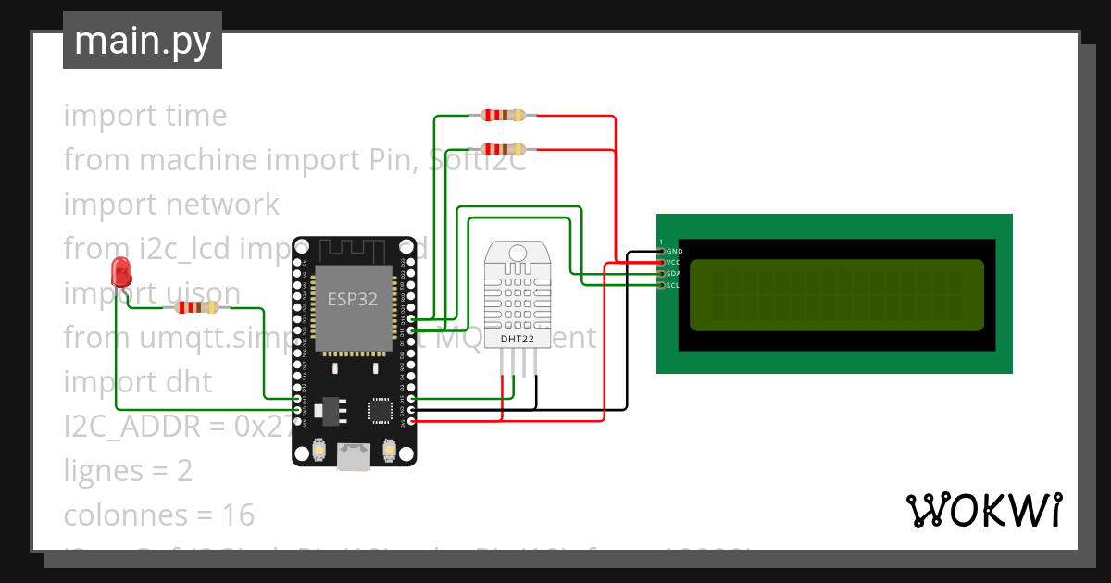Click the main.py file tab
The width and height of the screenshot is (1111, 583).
142,41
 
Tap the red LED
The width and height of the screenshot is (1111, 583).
120,272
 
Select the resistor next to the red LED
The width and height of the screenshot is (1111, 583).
196,307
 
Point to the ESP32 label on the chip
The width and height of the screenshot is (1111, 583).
352,299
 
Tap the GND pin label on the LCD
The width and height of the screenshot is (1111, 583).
674,251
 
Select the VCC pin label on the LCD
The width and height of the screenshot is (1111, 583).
674,263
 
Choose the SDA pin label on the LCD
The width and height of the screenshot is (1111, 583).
674,274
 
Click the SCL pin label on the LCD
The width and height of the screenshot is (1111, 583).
674,285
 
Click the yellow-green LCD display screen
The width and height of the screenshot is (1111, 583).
837,295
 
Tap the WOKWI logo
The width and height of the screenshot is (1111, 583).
983,510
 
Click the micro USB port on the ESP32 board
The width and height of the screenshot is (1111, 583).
353,455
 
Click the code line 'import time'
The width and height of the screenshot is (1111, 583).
144,116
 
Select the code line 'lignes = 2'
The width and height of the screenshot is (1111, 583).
128,470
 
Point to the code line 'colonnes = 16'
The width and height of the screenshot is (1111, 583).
158,515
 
